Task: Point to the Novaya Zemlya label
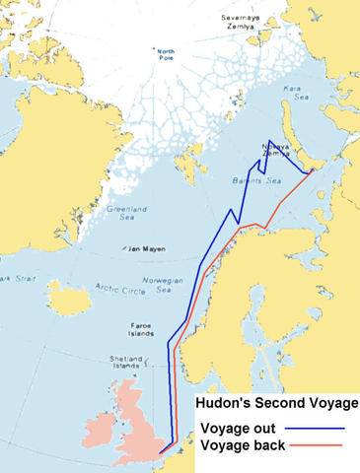click(278, 152)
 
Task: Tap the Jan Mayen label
click(149, 249)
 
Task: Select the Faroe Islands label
click(139, 329)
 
